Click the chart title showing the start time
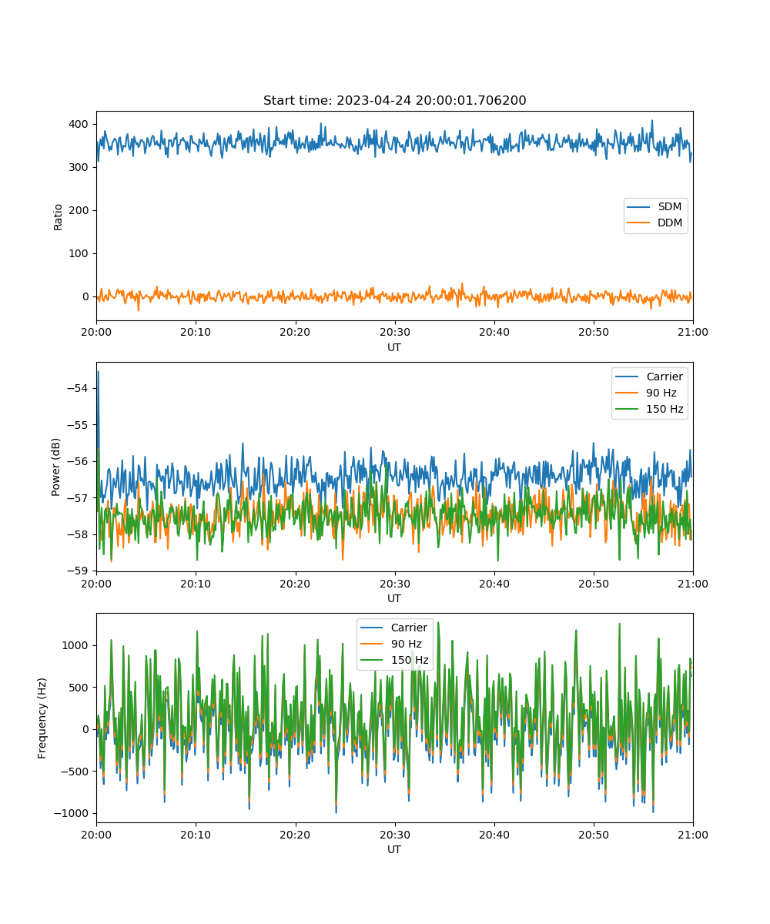pyautogui.click(x=394, y=100)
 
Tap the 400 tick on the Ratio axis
pyautogui.click(x=79, y=124)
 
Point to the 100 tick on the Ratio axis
pyautogui.click(x=79, y=253)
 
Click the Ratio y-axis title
pyautogui.click(x=58, y=217)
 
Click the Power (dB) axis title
pyautogui.click(x=55, y=467)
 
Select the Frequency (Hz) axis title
pyautogui.click(x=42, y=718)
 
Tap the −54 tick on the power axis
pyautogui.click(x=78, y=389)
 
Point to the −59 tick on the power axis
pyautogui.click(x=78, y=571)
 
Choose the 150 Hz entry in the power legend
pyautogui.click(x=649, y=409)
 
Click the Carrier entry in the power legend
pyautogui.click(x=649, y=377)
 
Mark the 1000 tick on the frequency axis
pyautogui.click(x=75, y=646)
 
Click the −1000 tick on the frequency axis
pyautogui.click(x=72, y=813)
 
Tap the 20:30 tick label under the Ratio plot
pyautogui.click(x=395, y=333)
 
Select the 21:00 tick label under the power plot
pyautogui.click(x=692, y=584)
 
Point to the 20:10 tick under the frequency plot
pyautogui.click(x=196, y=835)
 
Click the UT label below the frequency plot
pyautogui.click(x=394, y=849)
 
